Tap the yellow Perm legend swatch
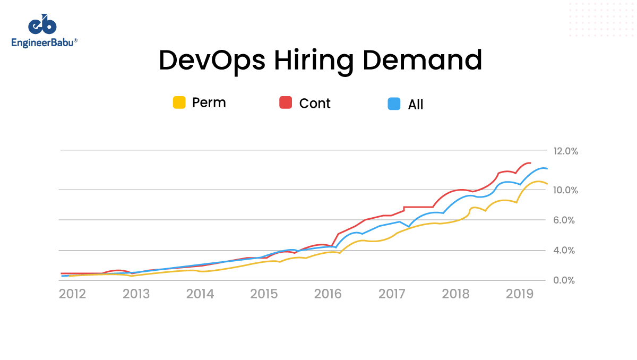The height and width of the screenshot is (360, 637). [179, 102]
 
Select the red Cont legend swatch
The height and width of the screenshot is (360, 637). [286, 103]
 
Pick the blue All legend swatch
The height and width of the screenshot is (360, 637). [394, 104]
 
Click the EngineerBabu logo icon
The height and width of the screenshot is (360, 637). [42, 25]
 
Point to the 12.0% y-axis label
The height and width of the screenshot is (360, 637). [565, 151]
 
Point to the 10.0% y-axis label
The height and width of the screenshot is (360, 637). [565, 190]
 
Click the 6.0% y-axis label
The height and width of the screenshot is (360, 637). [565, 220]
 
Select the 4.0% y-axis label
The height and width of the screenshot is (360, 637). [565, 250]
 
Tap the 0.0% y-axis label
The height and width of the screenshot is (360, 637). [565, 280]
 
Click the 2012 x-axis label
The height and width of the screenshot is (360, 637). [72, 294]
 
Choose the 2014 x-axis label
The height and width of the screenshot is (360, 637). [200, 294]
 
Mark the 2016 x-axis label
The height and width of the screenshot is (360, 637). [329, 294]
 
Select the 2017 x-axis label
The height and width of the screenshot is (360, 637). [392, 294]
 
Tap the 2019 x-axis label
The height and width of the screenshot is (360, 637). [520, 294]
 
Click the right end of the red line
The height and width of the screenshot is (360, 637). [530, 163]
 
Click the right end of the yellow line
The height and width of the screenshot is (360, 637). [547, 184]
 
